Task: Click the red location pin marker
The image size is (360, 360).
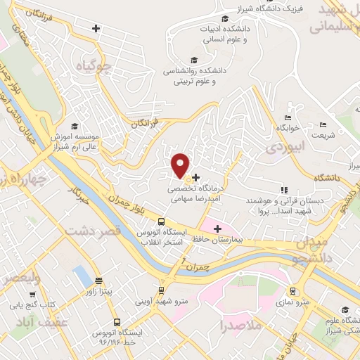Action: tap(181, 165)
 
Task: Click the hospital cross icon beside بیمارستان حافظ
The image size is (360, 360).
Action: tap(218, 229)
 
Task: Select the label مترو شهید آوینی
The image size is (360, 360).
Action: tap(161, 302)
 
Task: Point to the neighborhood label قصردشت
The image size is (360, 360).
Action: tap(94, 230)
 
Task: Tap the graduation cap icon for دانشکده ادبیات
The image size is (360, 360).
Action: tap(224, 18)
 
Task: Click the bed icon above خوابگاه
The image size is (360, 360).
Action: tap(288, 117)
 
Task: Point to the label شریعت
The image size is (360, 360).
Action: tap(323, 134)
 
